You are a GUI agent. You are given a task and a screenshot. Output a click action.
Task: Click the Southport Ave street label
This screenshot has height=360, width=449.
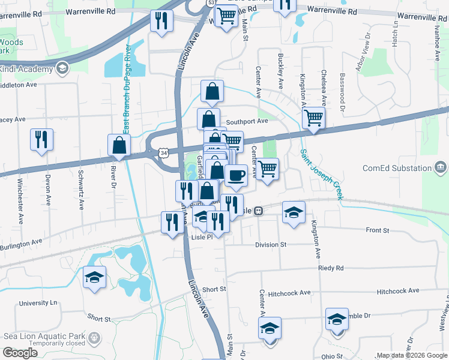click(247, 121)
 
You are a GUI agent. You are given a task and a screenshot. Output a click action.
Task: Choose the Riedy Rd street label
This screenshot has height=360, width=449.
click(331, 268)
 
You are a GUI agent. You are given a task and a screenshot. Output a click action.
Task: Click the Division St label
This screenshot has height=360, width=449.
click(271, 245)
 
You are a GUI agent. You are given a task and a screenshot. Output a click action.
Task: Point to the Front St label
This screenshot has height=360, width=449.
click(377, 230)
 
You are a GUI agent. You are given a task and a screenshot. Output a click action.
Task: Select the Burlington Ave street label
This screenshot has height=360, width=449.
click(22, 245)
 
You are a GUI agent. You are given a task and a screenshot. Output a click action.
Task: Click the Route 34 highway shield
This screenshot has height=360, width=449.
click(164, 153)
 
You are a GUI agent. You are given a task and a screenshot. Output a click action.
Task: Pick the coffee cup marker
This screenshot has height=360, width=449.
click(236, 175)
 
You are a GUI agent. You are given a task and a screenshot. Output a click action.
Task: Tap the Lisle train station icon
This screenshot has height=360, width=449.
click(258, 211)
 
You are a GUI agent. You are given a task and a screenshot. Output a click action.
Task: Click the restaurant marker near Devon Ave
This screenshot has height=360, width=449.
click(41, 139)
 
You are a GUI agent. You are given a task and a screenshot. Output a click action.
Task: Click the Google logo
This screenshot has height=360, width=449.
click(20, 353)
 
